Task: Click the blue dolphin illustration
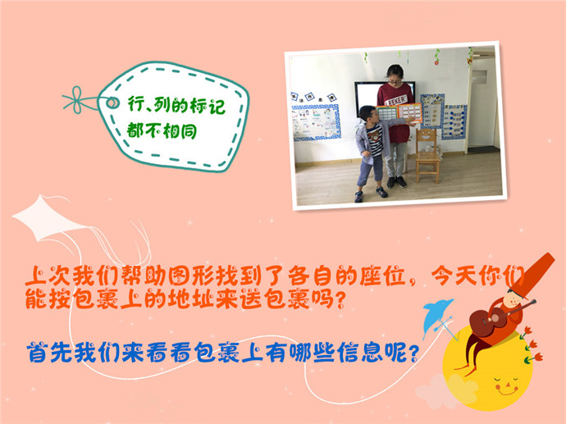436,317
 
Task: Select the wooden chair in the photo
427,155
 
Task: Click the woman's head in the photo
395,75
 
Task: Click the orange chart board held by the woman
409,113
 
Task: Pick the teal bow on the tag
77,99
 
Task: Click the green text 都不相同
162,130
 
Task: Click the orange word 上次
48,276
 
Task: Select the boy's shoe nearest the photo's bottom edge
358,197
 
